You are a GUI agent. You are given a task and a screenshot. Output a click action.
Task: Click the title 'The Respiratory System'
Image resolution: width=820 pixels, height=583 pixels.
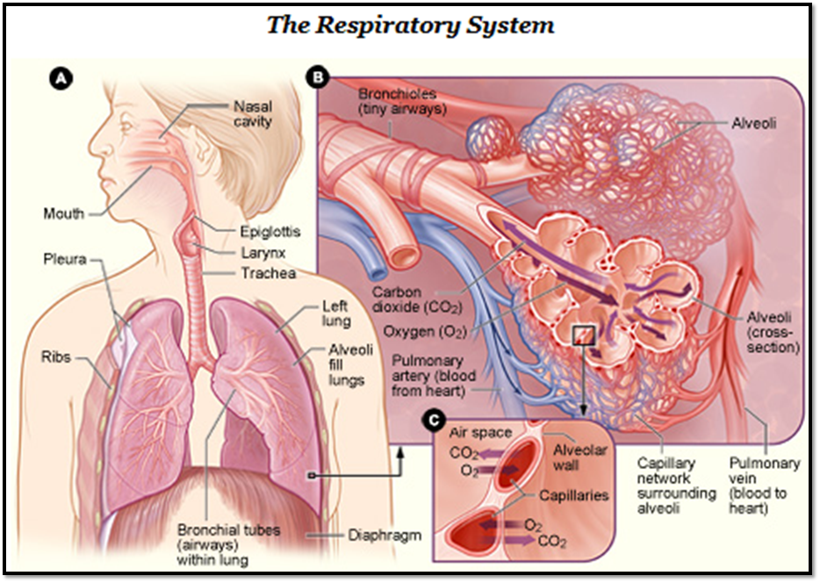click(x=410, y=25)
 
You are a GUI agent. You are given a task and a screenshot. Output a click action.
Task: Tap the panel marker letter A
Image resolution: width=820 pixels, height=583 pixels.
click(x=61, y=79)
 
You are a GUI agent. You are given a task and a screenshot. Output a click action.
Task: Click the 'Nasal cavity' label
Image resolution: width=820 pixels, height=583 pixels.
click(x=252, y=113)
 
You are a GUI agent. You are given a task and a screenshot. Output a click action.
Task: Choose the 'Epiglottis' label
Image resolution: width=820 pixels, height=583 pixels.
click(x=270, y=233)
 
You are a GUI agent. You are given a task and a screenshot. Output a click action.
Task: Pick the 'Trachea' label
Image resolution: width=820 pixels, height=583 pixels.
click(x=268, y=273)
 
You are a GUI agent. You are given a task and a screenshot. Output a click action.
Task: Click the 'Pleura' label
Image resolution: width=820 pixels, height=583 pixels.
click(x=64, y=259)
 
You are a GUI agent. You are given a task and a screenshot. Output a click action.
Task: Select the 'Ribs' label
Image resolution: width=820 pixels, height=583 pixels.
click(x=57, y=358)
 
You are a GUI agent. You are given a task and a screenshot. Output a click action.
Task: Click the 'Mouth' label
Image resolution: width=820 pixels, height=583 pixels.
click(x=64, y=213)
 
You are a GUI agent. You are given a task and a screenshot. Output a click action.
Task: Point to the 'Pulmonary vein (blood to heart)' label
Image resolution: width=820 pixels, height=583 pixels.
click(x=765, y=486)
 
